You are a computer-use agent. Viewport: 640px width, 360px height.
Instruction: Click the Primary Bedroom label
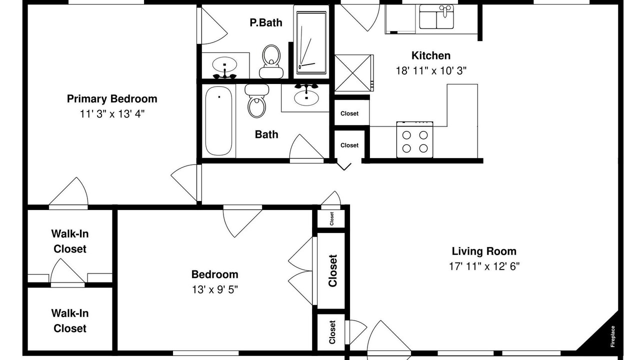[112, 99]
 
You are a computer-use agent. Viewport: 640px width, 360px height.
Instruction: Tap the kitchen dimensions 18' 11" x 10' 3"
[431, 70]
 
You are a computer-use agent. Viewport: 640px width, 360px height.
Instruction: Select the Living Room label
[484, 251]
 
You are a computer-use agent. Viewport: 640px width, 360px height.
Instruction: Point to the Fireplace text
[612, 336]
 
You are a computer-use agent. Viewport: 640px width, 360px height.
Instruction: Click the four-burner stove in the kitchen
[415, 139]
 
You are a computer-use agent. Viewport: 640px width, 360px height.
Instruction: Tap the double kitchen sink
[436, 17]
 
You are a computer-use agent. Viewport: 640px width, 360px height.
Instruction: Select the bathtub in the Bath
[219, 121]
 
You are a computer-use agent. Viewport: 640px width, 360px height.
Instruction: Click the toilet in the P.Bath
[271, 61]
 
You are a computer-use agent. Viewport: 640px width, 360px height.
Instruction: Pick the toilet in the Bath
[257, 101]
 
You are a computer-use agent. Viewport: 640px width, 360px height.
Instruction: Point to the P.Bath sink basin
[224, 64]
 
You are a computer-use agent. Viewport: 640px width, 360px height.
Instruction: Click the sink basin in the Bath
[306, 97]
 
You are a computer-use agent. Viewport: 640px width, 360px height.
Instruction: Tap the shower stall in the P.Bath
[311, 42]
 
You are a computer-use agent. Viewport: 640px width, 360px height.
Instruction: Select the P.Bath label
[266, 22]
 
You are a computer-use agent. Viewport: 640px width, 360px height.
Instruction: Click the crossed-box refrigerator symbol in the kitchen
[353, 73]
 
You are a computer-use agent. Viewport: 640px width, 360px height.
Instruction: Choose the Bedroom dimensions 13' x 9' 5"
[215, 289]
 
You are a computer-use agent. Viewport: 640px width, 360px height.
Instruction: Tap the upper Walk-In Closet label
[70, 241]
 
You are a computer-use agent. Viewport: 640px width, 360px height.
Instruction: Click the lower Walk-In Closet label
[70, 321]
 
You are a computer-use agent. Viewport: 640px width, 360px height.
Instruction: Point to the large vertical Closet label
[333, 270]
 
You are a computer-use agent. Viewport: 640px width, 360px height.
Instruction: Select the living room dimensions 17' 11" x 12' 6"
[484, 266]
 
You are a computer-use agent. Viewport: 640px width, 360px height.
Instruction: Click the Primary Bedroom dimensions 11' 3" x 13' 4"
[112, 114]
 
